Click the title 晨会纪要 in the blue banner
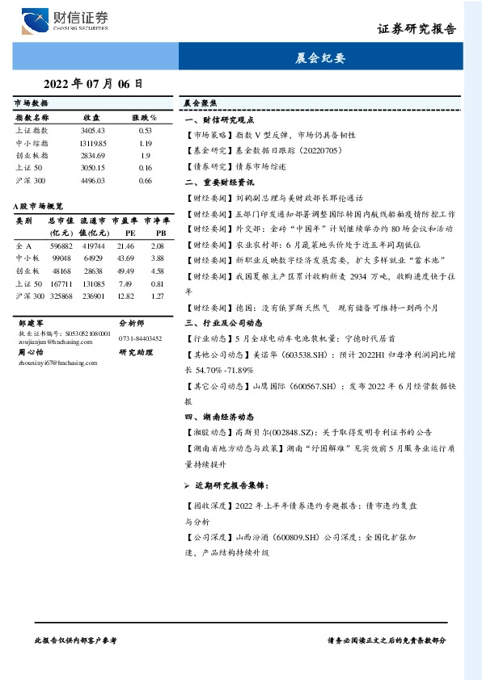tap(321, 58)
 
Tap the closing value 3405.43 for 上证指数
tap(93, 129)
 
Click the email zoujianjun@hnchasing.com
tap(49, 341)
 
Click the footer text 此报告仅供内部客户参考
tap(77, 639)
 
